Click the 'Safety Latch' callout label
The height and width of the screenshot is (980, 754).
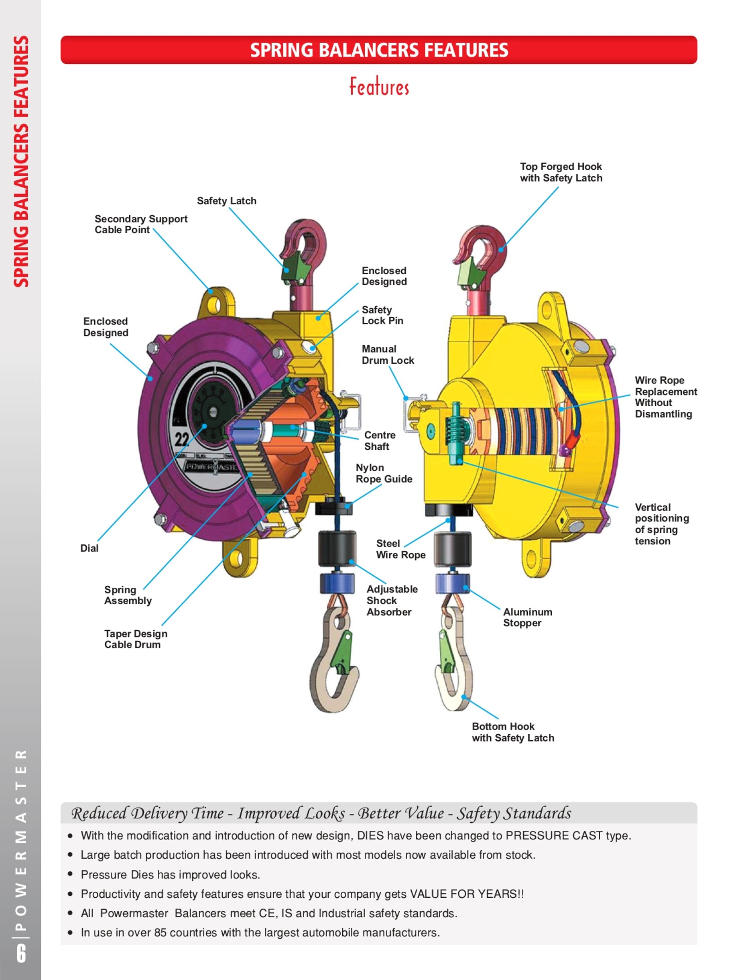pos(226,201)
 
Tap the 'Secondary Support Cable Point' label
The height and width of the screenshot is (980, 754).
pos(141,224)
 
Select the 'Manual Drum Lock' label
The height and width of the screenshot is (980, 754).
pos(388,355)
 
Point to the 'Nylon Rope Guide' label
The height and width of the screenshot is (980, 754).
pos(384,473)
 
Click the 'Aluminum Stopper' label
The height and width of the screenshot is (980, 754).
pos(528,617)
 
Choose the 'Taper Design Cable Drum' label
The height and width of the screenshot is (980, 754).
pos(136,639)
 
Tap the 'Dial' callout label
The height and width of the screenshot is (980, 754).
pos(89,548)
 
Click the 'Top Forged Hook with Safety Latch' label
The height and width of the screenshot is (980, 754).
pos(561,172)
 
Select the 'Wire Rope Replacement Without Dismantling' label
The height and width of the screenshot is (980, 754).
pos(666,397)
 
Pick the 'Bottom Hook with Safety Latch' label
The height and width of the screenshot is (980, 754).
pos(513,732)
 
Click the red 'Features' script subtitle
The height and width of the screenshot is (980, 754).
pos(380,87)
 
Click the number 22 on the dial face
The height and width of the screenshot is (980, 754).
pos(182,439)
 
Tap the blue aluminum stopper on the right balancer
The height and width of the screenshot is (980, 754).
pos(452,583)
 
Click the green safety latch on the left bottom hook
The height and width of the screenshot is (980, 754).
pos(344,652)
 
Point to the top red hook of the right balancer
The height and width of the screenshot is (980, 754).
pos(481,247)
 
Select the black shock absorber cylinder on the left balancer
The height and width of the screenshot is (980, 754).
pos(337,550)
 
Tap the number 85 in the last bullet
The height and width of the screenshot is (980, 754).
pos(161,933)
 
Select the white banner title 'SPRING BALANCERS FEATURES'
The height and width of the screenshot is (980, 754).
pos(379,50)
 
